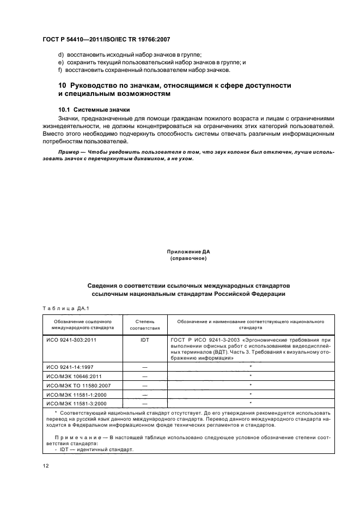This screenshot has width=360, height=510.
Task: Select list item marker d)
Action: pyautogui.click(x=60, y=54)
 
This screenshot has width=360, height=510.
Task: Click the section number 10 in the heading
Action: pyautogui.click(x=62, y=86)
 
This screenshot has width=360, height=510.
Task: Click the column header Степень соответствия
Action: pyautogui.click(x=144, y=325)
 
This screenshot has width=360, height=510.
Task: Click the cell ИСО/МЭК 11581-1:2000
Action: pyautogui.click(x=75, y=394)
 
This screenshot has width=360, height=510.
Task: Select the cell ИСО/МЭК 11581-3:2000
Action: pyautogui.click(x=75, y=403)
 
